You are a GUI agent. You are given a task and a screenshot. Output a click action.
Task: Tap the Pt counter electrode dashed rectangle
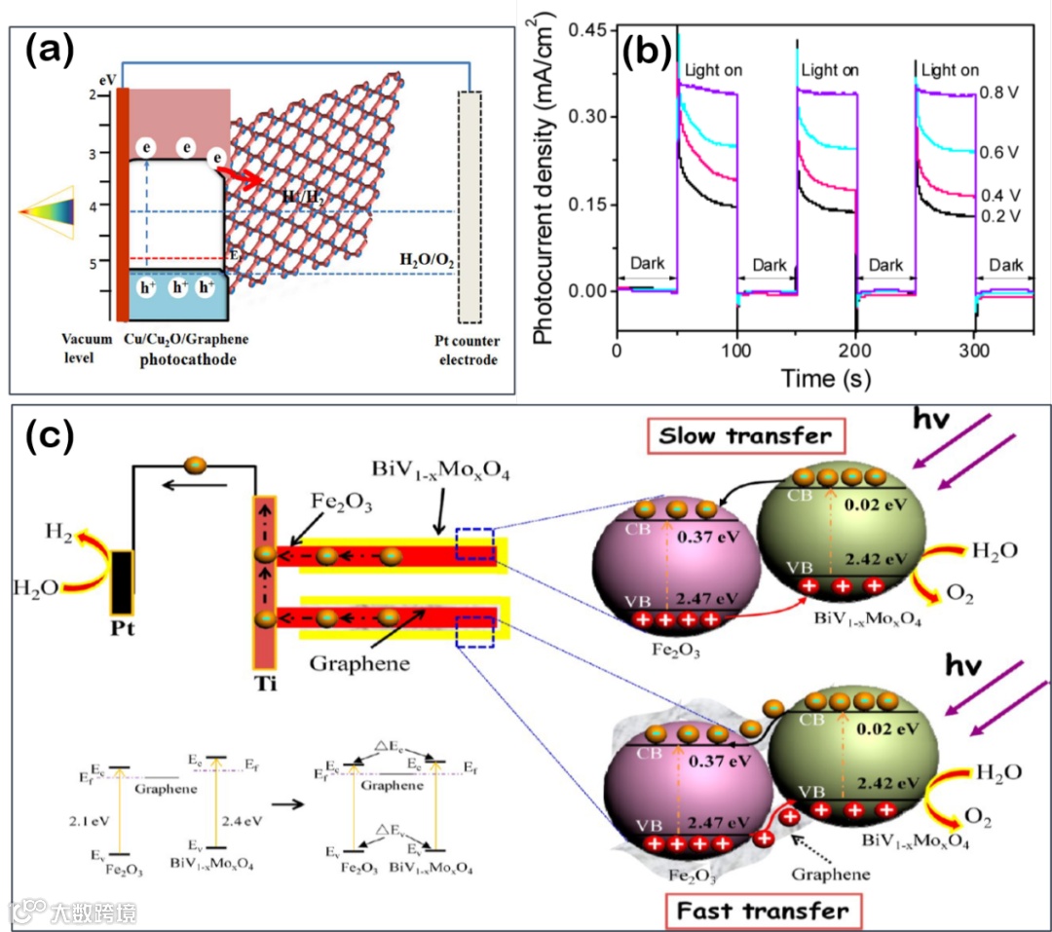(470, 206)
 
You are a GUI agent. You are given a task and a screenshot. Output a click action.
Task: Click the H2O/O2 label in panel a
(427, 261)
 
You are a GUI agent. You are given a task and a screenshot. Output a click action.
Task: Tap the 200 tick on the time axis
(855, 349)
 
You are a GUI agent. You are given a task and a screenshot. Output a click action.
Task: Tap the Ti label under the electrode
(264, 683)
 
